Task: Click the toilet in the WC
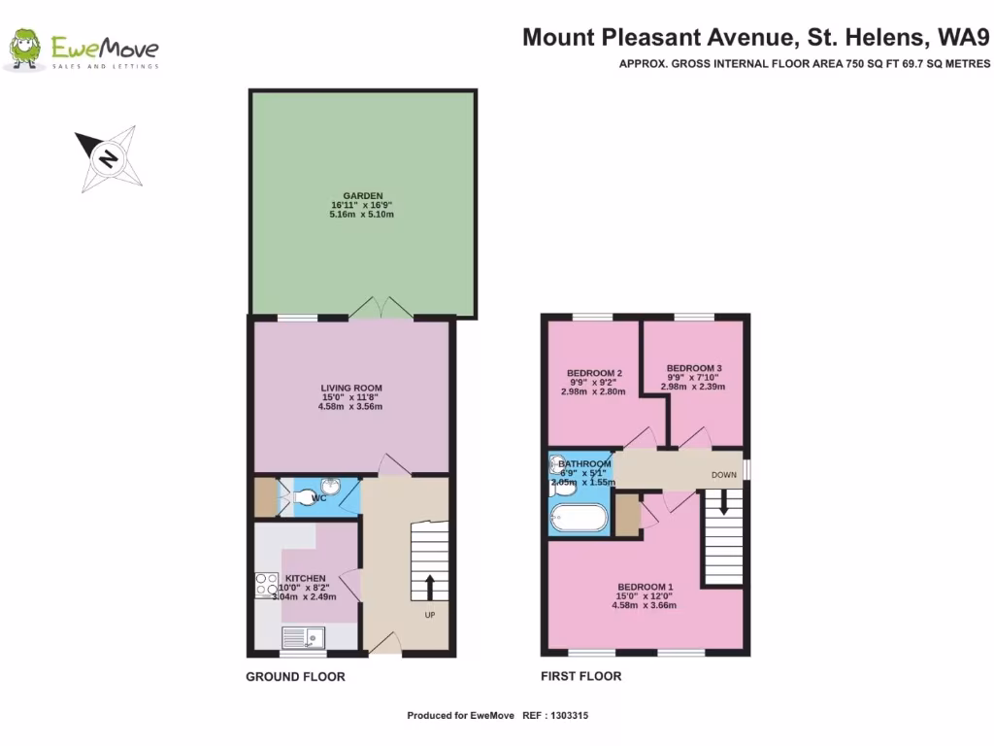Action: (x=308, y=498)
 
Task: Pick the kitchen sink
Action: (x=304, y=637)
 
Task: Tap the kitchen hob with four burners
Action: (x=265, y=584)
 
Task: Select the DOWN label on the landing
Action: (x=724, y=475)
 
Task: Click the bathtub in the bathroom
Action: (x=579, y=518)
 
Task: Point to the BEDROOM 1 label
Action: (x=643, y=587)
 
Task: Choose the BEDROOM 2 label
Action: (x=593, y=374)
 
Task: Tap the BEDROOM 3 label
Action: (x=693, y=368)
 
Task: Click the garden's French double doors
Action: (x=381, y=307)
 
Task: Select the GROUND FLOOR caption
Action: (x=295, y=676)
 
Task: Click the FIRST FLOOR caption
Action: (x=580, y=676)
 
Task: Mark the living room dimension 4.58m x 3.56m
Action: (x=350, y=407)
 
